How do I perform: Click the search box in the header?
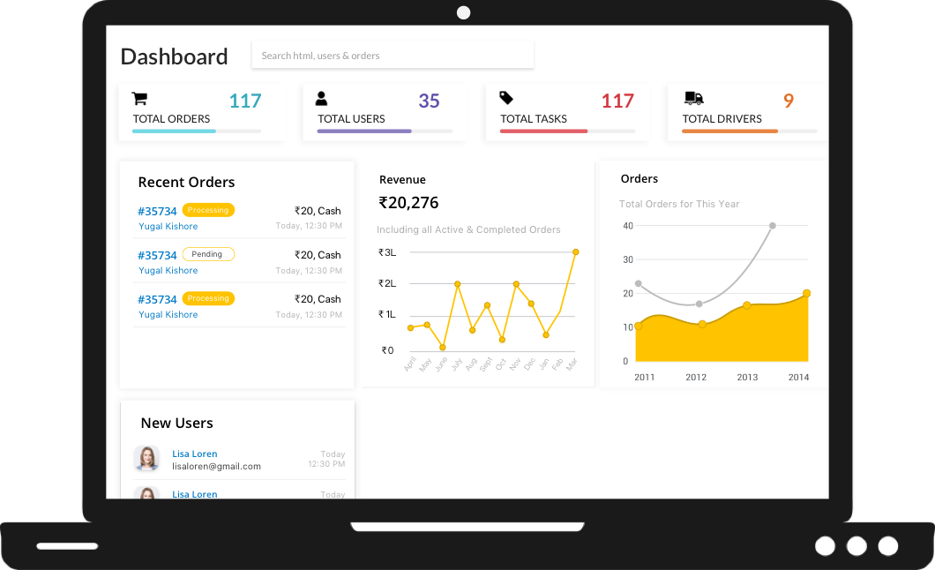(392, 56)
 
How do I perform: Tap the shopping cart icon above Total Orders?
(139, 99)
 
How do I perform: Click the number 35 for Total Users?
(429, 101)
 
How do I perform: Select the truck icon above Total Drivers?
(693, 99)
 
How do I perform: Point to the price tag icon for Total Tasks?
(506, 98)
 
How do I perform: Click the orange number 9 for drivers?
(788, 101)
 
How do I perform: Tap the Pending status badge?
(208, 254)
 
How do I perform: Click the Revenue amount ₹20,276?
(408, 203)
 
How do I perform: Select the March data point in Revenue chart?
(575, 252)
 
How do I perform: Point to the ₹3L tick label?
(387, 252)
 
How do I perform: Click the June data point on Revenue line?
(442, 348)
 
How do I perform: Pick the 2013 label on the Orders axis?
(747, 378)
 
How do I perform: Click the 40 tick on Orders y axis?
(628, 226)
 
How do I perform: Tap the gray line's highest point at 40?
(772, 226)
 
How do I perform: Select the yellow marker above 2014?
(806, 293)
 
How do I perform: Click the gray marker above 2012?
(699, 304)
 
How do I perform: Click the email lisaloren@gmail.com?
(216, 466)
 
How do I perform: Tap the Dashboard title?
(174, 56)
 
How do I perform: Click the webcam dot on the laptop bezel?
(463, 12)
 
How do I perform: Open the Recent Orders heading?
(186, 183)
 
